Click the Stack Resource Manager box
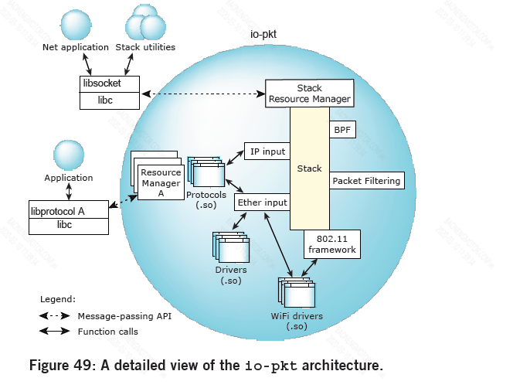pyautogui.click(x=309, y=94)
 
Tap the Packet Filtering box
pyautogui.click(x=367, y=181)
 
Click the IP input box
pyautogui.click(x=267, y=151)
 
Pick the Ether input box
pyautogui.click(x=261, y=203)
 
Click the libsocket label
pyautogui.click(x=100, y=82)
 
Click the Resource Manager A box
pyautogui.click(x=160, y=183)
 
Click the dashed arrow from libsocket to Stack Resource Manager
pyautogui.click(x=202, y=94)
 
